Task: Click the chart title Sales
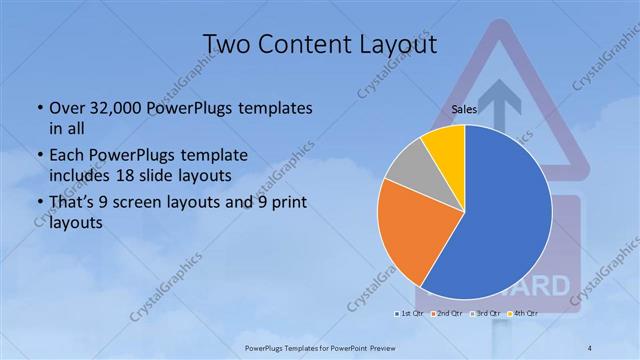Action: click(463, 109)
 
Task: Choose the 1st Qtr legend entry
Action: click(409, 313)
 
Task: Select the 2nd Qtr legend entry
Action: click(446, 313)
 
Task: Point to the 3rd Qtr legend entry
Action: click(484, 313)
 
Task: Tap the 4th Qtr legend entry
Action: click(523, 313)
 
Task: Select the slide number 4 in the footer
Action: click(590, 347)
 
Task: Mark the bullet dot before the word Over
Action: click(38, 108)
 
